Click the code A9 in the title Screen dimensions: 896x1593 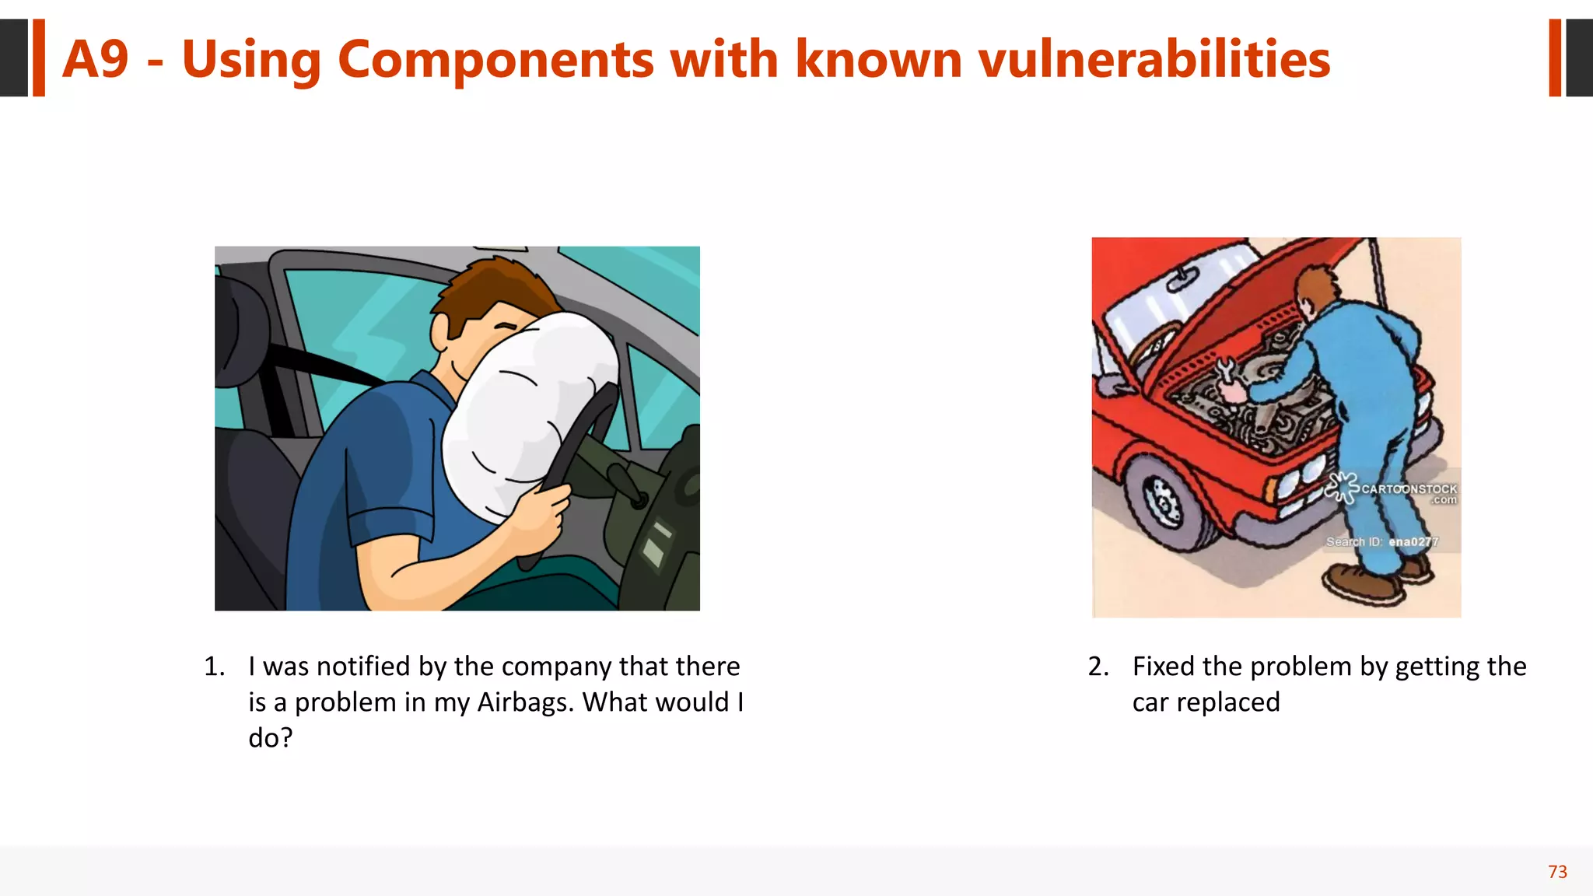pyautogui.click(x=95, y=59)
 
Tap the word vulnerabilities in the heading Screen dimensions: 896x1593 pyautogui.click(x=1154, y=59)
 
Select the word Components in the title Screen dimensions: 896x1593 pyautogui.click(x=495, y=61)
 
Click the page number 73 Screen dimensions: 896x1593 pyautogui.click(x=1557, y=872)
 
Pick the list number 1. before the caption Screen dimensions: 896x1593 pyautogui.click(x=214, y=667)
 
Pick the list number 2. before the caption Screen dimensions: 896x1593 pyautogui.click(x=1098, y=667)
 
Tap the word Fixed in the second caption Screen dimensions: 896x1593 pyautogui.click(x=1163, y=667)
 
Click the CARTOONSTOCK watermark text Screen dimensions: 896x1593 pyautogui.click(x=1408, y=489)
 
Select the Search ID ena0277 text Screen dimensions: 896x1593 pyautogui.click(x=1381, y=541)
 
